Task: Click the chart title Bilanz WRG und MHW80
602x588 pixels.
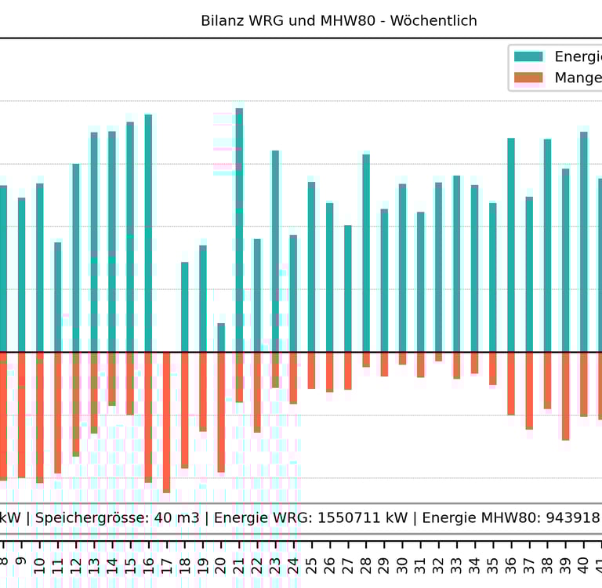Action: click(339, 21)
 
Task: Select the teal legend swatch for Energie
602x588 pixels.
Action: click(528, 56)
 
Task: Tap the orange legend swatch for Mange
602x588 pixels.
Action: click(528, 78)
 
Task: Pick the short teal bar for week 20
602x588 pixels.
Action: click(221, 337)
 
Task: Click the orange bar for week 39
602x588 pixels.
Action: click(565, 396)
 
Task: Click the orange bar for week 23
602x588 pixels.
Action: click(275, 369)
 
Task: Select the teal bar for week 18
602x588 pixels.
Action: click(185, 307)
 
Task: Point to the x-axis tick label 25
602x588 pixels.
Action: click(312, 562)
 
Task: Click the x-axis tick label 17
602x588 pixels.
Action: click(166, 562)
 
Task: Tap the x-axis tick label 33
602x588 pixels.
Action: click(457, 562)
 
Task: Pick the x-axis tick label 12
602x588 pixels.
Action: click(76, 562)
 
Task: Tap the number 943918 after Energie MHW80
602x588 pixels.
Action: click(575, 517)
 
